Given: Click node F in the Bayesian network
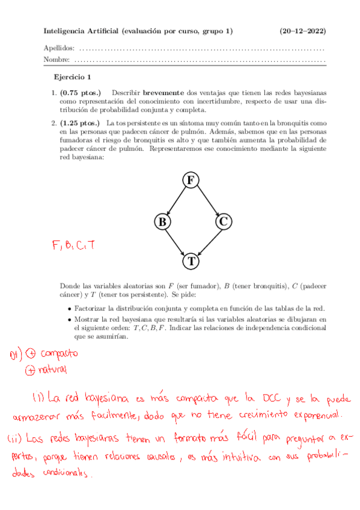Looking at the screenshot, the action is tap(191, 180).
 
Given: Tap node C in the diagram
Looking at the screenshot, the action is tap(222, 221).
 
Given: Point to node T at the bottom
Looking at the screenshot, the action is tap(191, 261).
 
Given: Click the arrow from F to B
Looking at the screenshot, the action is tap(175, 201).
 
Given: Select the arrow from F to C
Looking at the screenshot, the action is tap(207, 201).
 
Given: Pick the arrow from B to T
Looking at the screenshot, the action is tap(176, 241).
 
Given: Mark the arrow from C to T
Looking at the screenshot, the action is tap(207, 241).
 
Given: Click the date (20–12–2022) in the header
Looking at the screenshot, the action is tap(303, 31).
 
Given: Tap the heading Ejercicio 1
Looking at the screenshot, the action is tap(73, 77).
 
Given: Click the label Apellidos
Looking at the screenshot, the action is tap(59, 48).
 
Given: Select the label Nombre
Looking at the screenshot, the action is tap(56, 60).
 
